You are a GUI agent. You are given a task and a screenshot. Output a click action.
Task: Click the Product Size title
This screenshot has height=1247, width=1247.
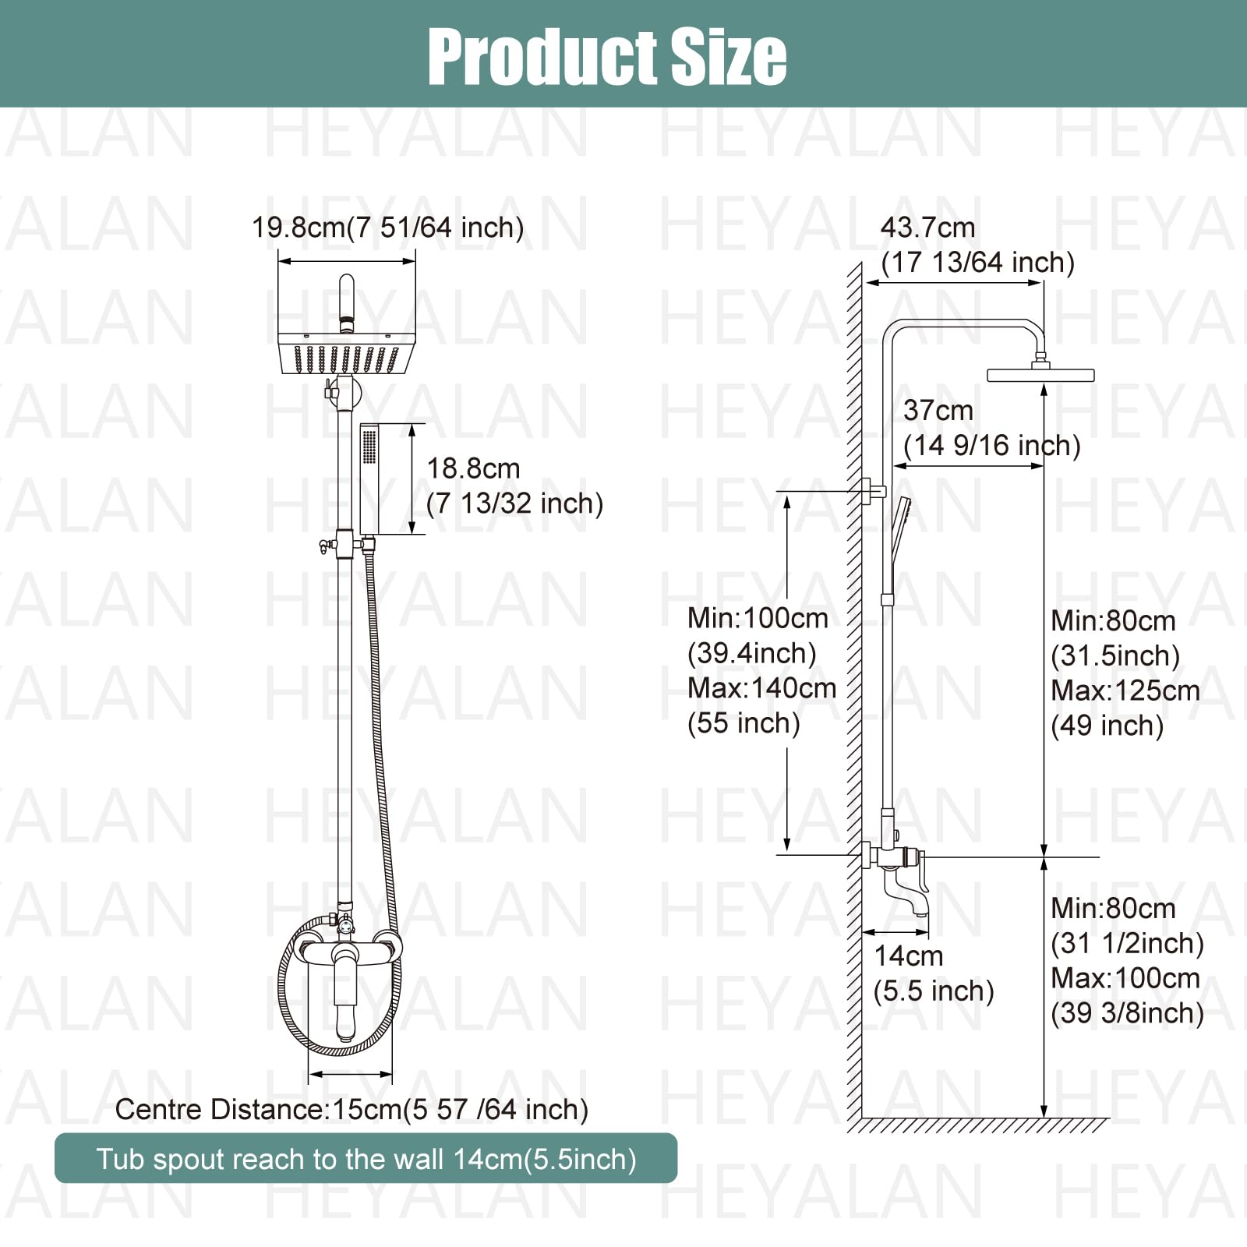click(607, 56)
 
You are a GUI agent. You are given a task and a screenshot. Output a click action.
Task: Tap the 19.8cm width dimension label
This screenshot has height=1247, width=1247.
click(387, 228)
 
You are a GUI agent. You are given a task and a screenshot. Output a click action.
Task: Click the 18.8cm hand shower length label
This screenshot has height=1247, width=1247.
click(473, 469)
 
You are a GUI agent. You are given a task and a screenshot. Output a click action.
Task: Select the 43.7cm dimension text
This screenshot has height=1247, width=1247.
click(927, 228)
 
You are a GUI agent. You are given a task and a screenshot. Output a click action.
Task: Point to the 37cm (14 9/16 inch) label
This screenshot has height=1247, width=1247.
click(991, 428)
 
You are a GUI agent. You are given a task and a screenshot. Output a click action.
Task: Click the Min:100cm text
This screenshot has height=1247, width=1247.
click(758, 619)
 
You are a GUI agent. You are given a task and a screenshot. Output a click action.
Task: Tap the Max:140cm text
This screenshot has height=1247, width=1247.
click(761, 688)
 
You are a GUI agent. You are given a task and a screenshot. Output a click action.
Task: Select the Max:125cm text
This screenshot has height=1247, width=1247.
click(1125, 691)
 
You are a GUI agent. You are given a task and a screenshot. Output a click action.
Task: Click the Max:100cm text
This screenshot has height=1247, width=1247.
click(1125, 978)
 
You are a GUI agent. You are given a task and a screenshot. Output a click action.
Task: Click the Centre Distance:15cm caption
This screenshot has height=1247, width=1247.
click(351, 1109)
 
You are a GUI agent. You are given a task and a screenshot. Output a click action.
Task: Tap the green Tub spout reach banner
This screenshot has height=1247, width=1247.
click(366, 1159)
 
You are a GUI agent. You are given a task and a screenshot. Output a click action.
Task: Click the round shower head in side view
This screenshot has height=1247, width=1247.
click(1040, 375)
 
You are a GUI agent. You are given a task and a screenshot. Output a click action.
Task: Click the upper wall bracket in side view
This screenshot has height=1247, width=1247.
click(872, 492)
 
